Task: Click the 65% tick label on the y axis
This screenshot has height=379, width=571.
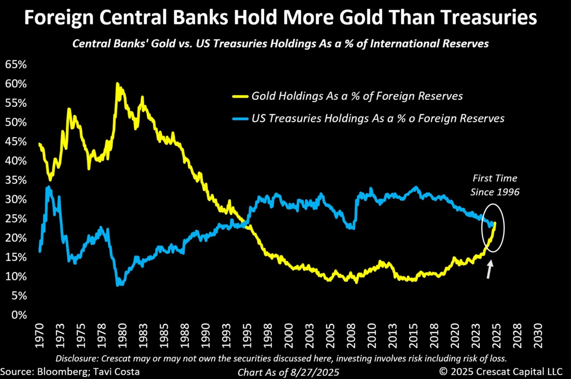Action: [16, 64]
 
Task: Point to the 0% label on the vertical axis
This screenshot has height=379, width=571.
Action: [19, 315]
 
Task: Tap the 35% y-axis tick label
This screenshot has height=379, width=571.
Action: [16, 180]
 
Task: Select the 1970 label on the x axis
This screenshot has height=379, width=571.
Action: [40, 336]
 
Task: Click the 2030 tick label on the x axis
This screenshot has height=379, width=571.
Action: [538, 336]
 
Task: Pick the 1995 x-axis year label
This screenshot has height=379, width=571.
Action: [247, 336]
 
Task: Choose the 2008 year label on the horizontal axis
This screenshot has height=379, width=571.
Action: [351, 336]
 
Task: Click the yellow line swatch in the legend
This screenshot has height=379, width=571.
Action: [240, 97]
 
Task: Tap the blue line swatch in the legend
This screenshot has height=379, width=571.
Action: [240, 118]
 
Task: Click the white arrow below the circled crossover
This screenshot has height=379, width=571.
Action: [489, 269]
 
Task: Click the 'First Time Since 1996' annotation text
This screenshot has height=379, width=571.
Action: [495, 185]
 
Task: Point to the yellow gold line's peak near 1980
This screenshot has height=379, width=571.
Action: [117, 83]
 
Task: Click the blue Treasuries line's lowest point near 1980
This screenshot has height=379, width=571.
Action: [118, 285]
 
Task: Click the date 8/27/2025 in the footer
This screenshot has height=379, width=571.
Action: [315, 372]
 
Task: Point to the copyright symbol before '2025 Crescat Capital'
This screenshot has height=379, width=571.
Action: [443, 371]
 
